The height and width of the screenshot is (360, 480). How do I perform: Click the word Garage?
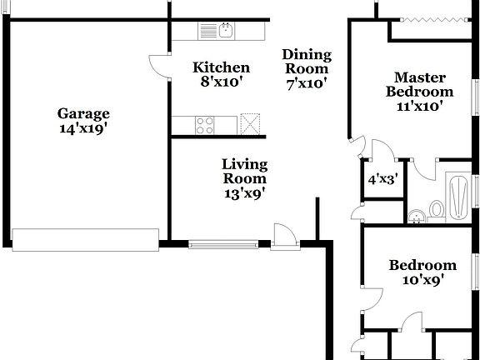[83, 113]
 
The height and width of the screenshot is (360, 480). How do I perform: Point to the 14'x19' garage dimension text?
[83, 129]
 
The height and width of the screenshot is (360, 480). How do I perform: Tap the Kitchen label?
[221, 67]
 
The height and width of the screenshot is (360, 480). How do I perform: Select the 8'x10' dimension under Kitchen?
[221, 83]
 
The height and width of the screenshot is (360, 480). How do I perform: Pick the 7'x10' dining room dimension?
[307, 82]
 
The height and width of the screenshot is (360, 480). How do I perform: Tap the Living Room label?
[244, 171]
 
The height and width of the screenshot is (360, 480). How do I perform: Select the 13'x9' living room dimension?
[244, 194]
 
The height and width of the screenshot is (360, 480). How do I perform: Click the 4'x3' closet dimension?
[382, 179]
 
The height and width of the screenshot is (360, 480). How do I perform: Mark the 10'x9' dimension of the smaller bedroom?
[423, 282]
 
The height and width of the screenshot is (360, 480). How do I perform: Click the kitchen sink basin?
[226, 32]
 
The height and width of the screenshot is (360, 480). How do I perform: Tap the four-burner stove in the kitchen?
[204, 125]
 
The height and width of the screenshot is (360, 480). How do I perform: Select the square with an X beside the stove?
[251, 124]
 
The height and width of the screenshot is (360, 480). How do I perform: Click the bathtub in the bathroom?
[459, 198]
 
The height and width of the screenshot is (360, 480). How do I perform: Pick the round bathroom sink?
[416, 217]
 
